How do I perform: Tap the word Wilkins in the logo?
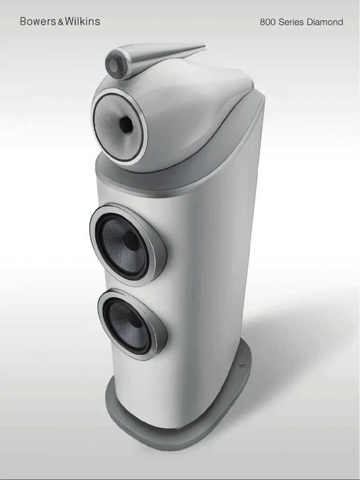[82, 21]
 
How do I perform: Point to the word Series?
[291, 22]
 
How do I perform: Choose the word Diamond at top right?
[325, 22]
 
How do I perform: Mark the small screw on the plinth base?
[242, 366]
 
